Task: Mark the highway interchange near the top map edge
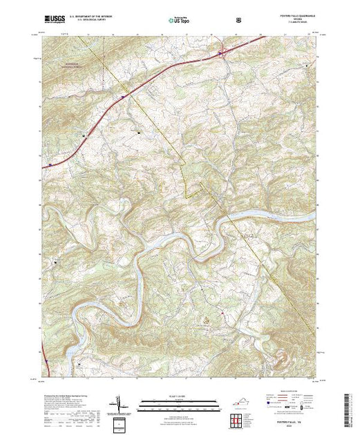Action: pos(223,51)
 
